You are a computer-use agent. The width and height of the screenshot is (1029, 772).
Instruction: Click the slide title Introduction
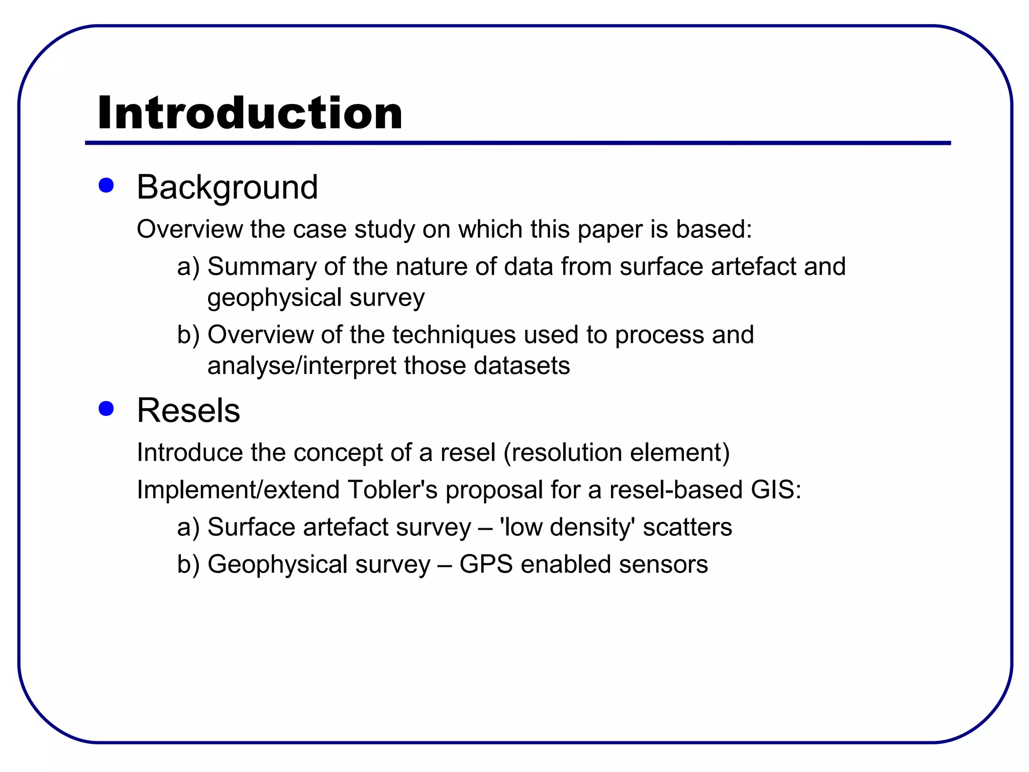[250, 113]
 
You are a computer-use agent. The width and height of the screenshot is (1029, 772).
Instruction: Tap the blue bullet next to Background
[107, 185]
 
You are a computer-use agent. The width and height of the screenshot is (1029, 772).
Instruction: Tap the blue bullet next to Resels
[107, 409]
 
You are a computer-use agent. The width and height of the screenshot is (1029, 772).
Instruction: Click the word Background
[227, 187]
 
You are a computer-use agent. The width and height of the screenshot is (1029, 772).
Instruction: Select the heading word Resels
[188, 411]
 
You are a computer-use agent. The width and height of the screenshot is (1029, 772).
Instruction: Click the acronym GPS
[486, 564]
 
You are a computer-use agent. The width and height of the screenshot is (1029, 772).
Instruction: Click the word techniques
[454, 335]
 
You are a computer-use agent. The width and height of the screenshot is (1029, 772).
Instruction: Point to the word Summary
[262, 266]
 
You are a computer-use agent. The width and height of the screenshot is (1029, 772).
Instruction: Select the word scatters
[687, 527]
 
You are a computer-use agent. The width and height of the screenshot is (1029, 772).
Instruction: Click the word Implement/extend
[238, 490]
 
